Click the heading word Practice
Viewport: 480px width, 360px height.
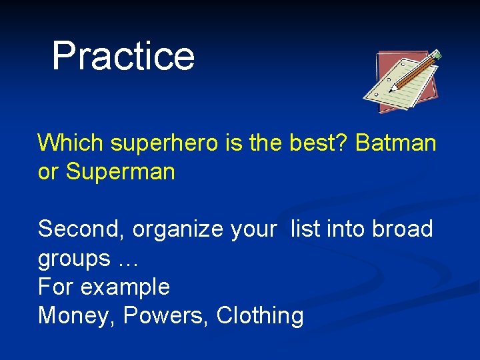pyautogui.click(x=123, y=55)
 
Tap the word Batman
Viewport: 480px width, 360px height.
pyautogui.click(x=396, y=143)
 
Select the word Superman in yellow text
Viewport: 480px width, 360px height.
pyautogui.click(x=120, y=171)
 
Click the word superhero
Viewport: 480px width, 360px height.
pyautogui.click(x=164, y=143)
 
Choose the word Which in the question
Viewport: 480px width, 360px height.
pyautogui.click(x=70, y=143)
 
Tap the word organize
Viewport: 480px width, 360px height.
pyautogui.click(x=177, y=230)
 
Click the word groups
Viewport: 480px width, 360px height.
pyautogui.click(x=74, y=259)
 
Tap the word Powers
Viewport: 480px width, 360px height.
pyautogui.click(x=163, y=315)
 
